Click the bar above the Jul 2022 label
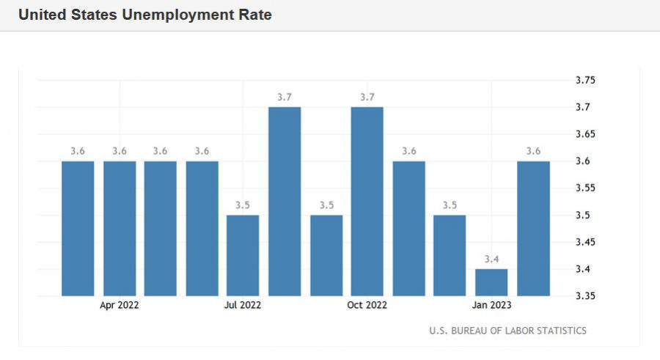pos(243,255)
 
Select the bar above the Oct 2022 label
pos(367,202)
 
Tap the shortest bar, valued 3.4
pos(491,282)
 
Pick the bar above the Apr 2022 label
pos(120,228)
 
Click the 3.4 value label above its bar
pos(491,259)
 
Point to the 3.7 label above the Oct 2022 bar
pos(367,97)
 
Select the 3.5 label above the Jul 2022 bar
pos(243,205)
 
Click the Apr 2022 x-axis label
pos(120,305)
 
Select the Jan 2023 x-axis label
pos(491,305)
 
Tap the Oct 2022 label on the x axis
pos(367,305)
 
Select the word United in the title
pos(41,15)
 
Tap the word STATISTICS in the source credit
pos(560,331)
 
